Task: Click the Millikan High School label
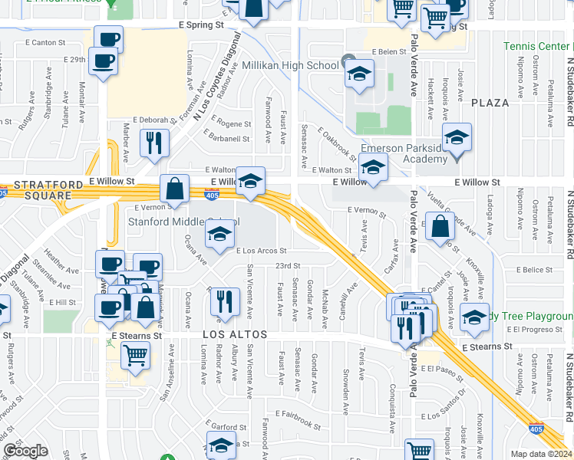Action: (x=290, y=66)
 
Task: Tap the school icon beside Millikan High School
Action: (x=358, y=74)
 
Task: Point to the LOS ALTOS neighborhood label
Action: (x=235, y=336)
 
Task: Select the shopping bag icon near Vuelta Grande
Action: (x=440, y=225)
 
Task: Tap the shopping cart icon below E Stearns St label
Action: (x=135, y=356)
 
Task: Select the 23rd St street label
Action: (x=288, y=266)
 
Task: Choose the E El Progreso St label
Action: (x=537, y=329)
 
